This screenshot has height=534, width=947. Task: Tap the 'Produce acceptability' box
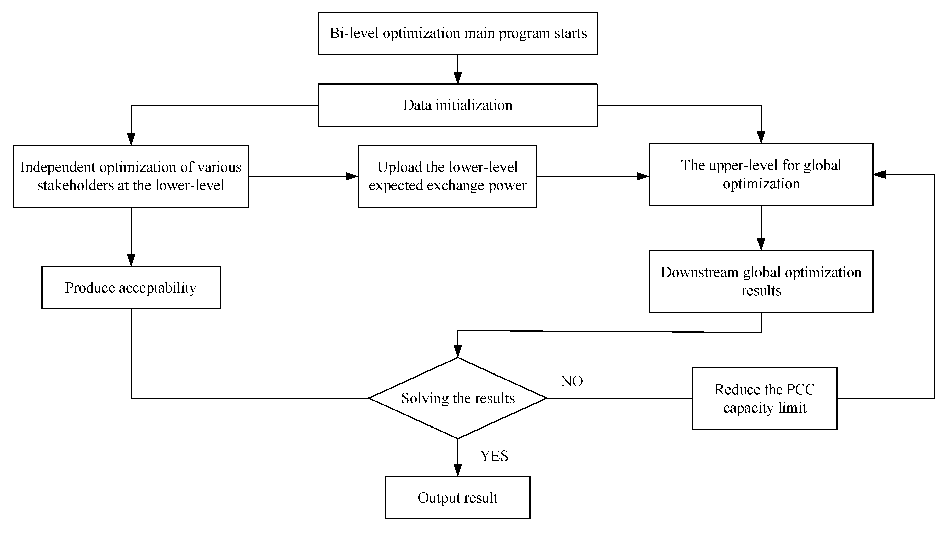(x=131, y=288)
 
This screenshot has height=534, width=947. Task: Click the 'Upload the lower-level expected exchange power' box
(x=448, y=176)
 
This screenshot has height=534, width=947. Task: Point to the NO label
(x=572, y=381)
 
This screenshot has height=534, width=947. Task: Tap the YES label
(x=494, y=456)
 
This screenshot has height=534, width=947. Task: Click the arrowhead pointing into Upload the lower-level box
(x=352, y=176)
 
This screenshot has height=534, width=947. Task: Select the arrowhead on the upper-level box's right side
(x=879, y=174)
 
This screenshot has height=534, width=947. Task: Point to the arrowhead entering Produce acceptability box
(x=131, y=260)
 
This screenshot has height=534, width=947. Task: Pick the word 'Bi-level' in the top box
(x=354, y=33)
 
